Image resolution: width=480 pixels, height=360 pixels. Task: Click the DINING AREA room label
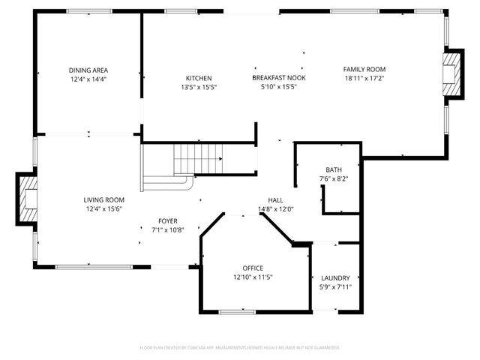click(88, 70)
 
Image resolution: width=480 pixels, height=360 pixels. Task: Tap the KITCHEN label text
click(199, 78)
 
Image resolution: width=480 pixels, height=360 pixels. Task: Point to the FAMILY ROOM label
click(364, 69)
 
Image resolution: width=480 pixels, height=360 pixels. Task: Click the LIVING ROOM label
click(103, 199)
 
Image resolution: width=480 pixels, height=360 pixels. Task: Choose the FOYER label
click(167, 220)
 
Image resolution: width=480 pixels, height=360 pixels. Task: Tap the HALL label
click(275, 200)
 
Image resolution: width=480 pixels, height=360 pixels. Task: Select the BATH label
click(333, 169)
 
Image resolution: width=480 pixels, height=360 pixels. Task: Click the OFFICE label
click(252, 268)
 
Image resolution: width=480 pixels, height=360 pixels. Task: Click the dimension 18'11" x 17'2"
click(364, 78)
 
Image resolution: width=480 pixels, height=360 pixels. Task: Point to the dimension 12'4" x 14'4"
click(88, 79)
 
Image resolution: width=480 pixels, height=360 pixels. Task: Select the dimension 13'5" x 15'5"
click(199, 87)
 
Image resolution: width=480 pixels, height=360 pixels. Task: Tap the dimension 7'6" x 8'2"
click(333, 178)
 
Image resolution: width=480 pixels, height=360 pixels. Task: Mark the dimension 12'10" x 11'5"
click(252, 277)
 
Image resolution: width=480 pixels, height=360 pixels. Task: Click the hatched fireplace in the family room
click(454, 75)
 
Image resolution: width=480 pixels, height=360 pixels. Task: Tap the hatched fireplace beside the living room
click(27, 199)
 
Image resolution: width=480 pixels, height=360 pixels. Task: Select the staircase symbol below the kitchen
click(196, 158)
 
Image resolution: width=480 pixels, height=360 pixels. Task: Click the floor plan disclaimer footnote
click(240, 347)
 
